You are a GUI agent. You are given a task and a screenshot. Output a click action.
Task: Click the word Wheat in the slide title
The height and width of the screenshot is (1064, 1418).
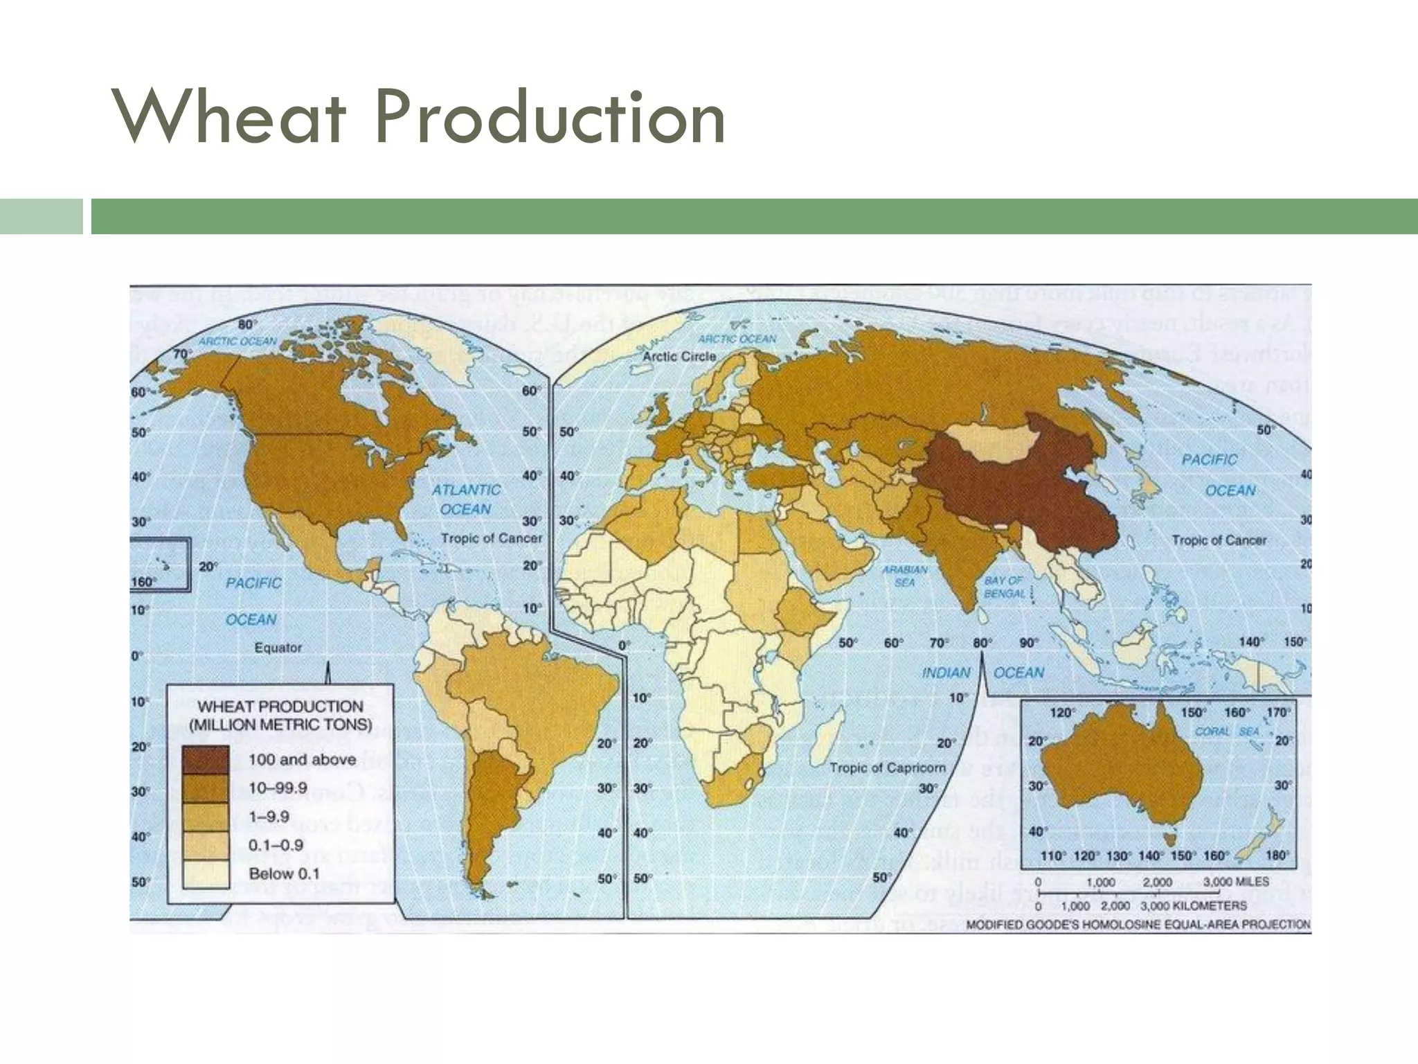click(x=228, y=118)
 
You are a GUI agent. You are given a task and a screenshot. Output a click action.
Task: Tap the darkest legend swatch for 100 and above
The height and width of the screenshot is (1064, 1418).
click(x=206, y=760)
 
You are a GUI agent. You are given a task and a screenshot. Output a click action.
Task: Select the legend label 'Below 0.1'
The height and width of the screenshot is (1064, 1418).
click(x=284, y=874)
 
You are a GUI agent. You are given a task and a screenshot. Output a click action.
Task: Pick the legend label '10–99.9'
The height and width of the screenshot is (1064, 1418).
click(x=278, y=788)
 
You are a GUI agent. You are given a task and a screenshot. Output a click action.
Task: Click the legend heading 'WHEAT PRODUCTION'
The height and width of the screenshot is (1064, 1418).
click(x=280, y=707)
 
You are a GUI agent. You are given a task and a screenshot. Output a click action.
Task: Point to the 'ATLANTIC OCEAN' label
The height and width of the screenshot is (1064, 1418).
click(x=466, y=499)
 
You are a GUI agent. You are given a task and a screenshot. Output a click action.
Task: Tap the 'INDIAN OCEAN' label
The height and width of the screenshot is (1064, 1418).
click(x=983, y=673)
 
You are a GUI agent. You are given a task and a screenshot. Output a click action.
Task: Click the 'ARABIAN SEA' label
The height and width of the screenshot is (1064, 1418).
click(x=904, y=576)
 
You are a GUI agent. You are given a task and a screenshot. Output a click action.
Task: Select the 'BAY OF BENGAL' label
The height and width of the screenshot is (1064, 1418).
click(x=1004, y=587)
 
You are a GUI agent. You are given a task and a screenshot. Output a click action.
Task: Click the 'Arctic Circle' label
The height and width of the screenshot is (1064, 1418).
click(x=679, y=356)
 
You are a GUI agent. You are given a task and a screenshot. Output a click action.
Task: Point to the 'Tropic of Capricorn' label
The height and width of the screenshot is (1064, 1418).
click(x=887, y=768)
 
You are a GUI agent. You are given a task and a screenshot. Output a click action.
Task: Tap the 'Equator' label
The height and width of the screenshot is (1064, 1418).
click(x=278, y=648)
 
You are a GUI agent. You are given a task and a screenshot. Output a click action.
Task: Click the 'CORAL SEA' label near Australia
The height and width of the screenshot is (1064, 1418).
click(x=1226, y=731)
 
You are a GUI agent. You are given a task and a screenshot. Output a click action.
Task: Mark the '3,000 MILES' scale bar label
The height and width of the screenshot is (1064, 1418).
click(x=1236, y=882)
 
